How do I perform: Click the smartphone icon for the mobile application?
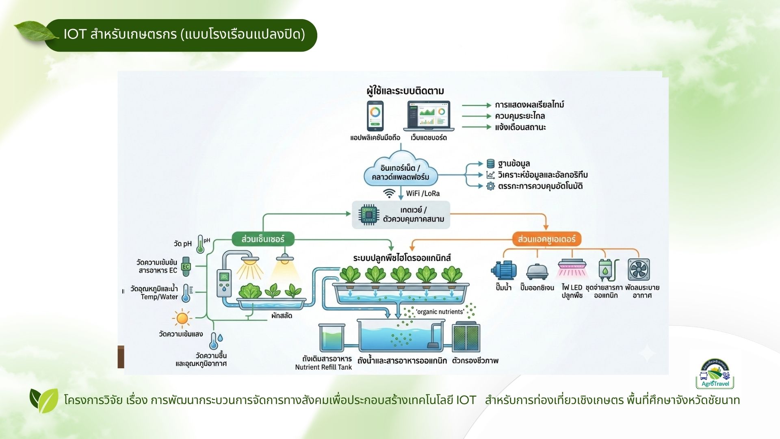(x=375, y=116)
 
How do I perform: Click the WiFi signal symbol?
(x=389, y=193)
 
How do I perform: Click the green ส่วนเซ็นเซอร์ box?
(x=263, y=239)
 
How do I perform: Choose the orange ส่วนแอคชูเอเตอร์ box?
(x=546, y=239)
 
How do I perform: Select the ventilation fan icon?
(x=639, y=269)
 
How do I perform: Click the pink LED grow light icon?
(x=572, y=268)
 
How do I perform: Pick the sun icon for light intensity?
(x=182, y=318)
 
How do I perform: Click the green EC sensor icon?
(x=186, y=267)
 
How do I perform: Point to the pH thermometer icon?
(x=200, y=244)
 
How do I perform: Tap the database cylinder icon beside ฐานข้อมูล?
(x=491, y=164)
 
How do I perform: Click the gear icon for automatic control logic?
(x=491, y=186)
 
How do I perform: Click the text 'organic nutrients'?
(x=440, y=312)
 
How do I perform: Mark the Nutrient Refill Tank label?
(x=323, y=367)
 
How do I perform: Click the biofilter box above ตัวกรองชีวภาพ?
(x=466, y=337)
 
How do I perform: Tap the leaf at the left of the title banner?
(x=35, y=31)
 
